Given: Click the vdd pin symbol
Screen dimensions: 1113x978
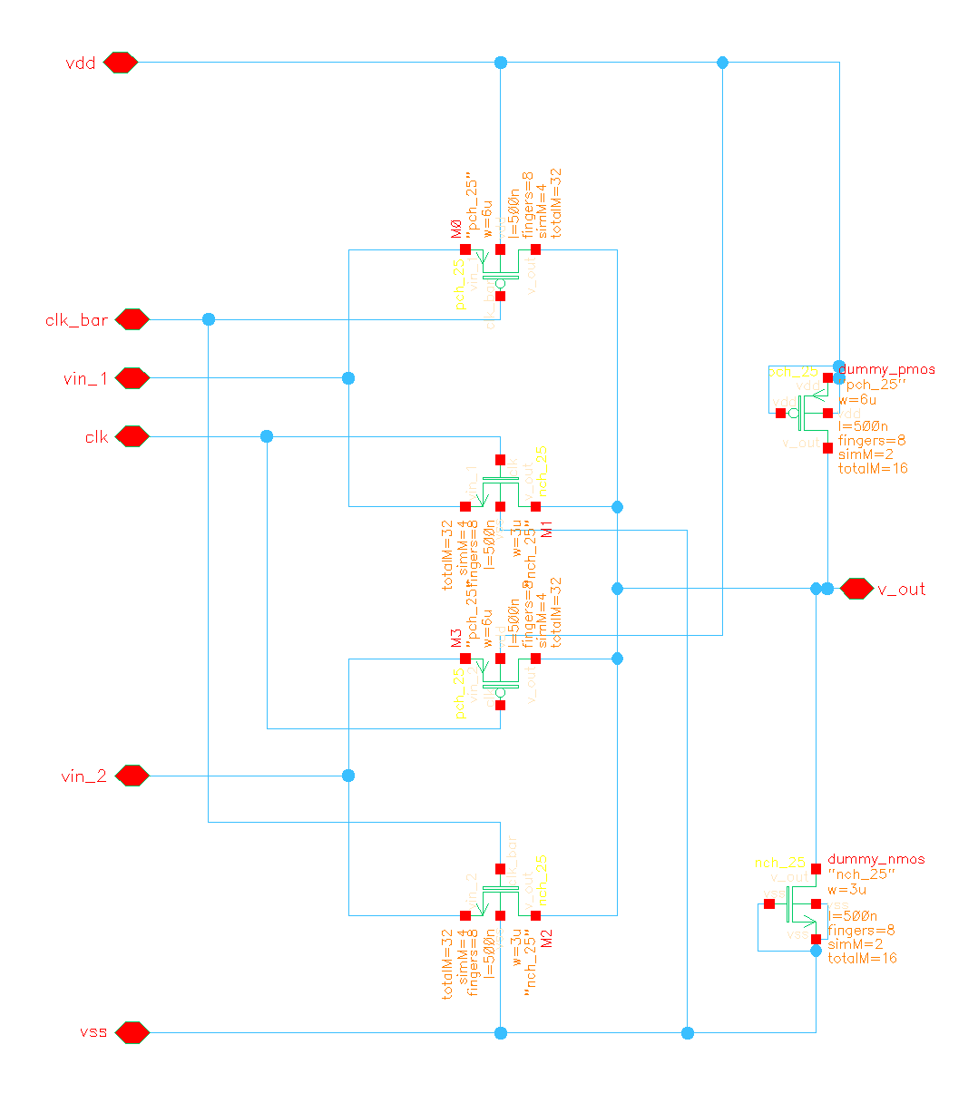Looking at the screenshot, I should (120, 63).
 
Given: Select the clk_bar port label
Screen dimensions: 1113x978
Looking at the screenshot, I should (77, 320).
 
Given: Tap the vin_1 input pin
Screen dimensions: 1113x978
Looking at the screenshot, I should (132, 378).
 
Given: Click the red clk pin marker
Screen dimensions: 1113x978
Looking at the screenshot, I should (132, 436).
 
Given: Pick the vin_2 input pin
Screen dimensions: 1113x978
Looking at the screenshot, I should (132, 776).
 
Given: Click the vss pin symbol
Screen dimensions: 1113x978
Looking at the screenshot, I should (132, 1032).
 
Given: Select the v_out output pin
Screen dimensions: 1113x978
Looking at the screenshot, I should (856, 589).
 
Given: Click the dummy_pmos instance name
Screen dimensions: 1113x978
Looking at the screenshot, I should (886, 370).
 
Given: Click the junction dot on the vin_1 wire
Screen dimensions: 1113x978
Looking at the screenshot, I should (348, 378).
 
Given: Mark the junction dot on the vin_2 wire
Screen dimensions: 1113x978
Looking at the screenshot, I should (348, 776).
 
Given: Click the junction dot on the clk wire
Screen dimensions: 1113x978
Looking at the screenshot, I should (267, 436).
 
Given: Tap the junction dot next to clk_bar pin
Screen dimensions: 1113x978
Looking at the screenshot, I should (209, 319).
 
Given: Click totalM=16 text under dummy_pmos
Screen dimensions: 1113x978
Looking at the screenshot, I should (873, 469).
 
